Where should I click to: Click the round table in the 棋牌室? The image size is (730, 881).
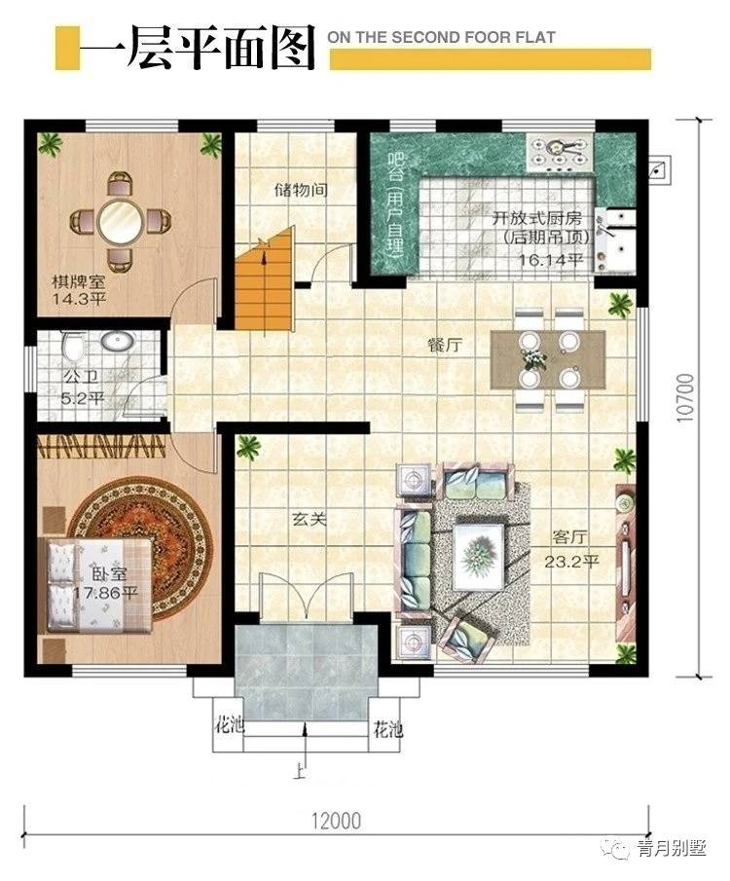click(x=120, y=220)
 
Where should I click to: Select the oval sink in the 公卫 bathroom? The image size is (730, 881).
click(x=118, y=341)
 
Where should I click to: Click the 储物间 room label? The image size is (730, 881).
click(x=301, y=190)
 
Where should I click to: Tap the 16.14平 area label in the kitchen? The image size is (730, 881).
click(x=551, y=260)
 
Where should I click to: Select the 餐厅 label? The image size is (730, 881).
click(x=445, y=345)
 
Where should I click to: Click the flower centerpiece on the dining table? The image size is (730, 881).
click(x=533, y=358)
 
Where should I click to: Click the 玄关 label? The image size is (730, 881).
click(x=309, y=519)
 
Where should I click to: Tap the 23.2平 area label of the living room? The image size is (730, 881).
click(x=571, y=562)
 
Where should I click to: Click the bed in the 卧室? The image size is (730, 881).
click(x=97, y=585)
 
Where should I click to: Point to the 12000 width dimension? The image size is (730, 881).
click(x=337, y=821)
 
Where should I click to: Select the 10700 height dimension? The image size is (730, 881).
click(x=685, y=398)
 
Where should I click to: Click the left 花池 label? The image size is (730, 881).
click(x=230, y=725)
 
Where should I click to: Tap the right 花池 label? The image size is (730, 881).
click(x=388, y=729)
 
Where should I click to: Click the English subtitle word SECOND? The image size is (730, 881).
click(x=427, y=38)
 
